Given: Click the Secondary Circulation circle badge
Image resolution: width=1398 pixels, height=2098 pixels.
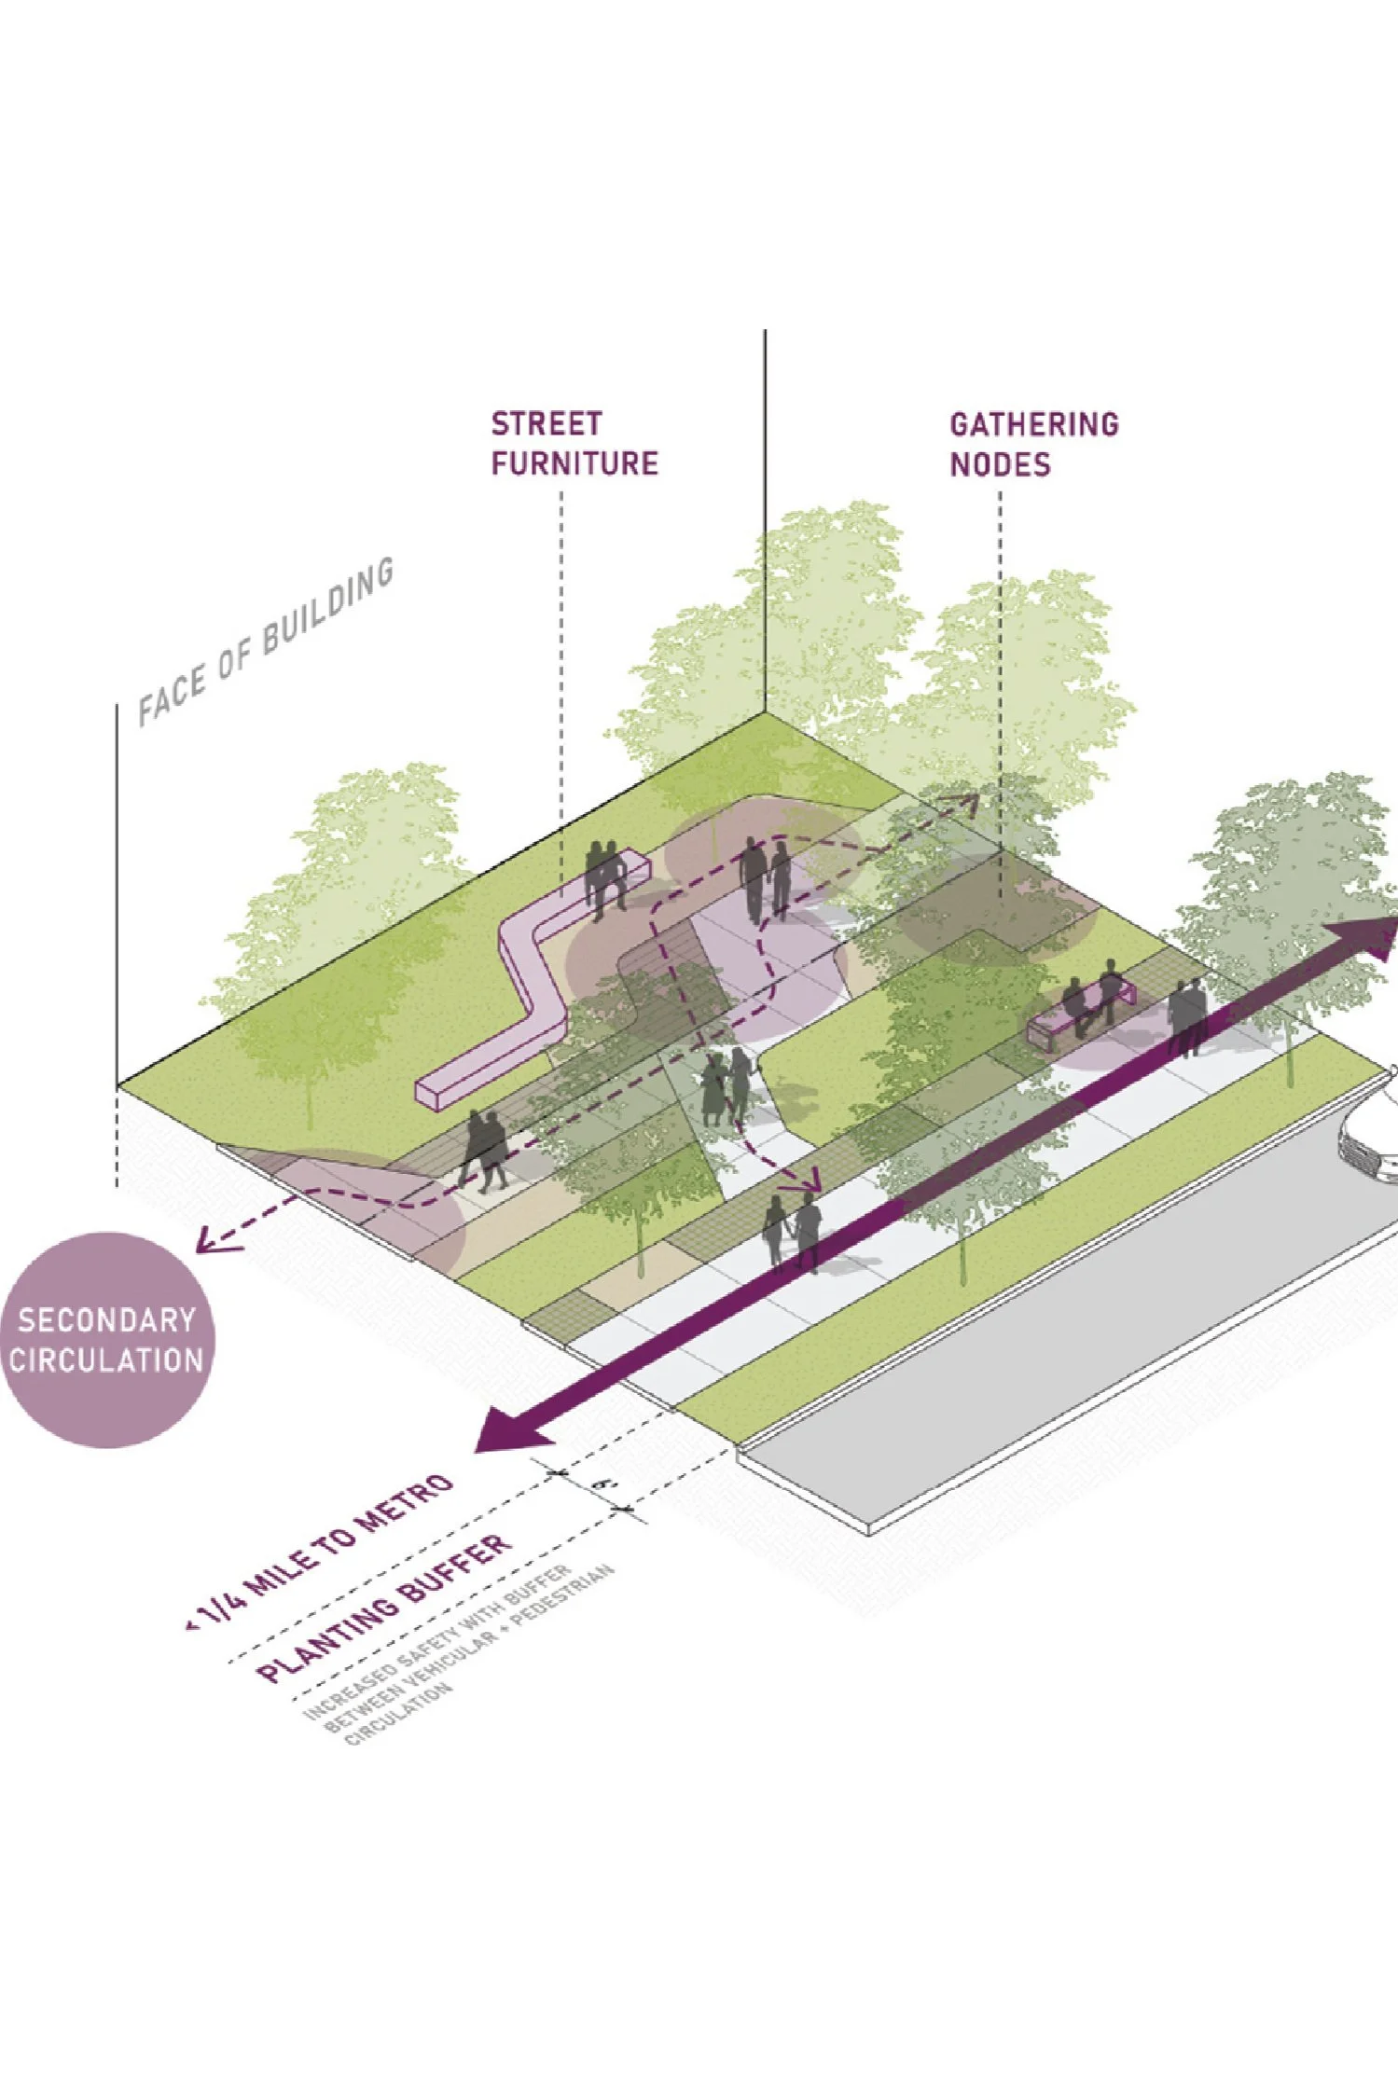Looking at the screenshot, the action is point(106,1340).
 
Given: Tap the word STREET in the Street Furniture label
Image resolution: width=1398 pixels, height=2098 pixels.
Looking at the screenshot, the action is point(546,424).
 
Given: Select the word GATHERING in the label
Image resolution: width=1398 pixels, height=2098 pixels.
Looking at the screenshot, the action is point(1033,425).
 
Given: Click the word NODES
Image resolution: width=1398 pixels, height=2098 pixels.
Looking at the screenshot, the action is point(1000,464).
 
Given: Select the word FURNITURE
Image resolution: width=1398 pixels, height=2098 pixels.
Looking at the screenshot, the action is point(574,463).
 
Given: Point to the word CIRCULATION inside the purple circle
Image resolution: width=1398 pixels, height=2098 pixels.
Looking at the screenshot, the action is point(106,1360).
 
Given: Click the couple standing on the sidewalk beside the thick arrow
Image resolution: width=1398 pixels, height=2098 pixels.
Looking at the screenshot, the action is point(792,1231).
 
